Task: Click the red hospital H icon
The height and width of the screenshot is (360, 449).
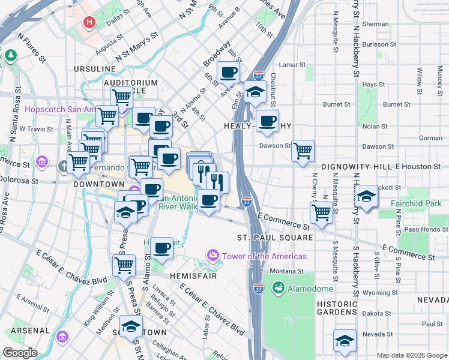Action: [90, 23]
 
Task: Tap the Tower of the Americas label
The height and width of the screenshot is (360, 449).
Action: [264, 256]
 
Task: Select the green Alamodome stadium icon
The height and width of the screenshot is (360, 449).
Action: [278, 289]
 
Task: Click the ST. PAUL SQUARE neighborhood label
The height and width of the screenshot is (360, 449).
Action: [274, 238]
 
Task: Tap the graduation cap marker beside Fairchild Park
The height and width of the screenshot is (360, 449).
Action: [366, 196]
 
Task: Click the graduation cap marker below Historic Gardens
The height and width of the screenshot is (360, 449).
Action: [345, 341]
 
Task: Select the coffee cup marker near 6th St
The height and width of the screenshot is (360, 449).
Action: [228, 73]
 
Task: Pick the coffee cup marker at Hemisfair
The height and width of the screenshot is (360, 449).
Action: [161, 248]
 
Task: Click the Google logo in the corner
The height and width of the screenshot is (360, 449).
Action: [20, 353]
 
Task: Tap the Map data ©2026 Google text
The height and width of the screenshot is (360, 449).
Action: [411, 355]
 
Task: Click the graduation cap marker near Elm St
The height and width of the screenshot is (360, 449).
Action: [256, 92]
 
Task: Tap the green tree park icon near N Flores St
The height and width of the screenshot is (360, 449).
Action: [11, 56]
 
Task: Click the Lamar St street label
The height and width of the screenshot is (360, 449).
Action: [292, 64]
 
